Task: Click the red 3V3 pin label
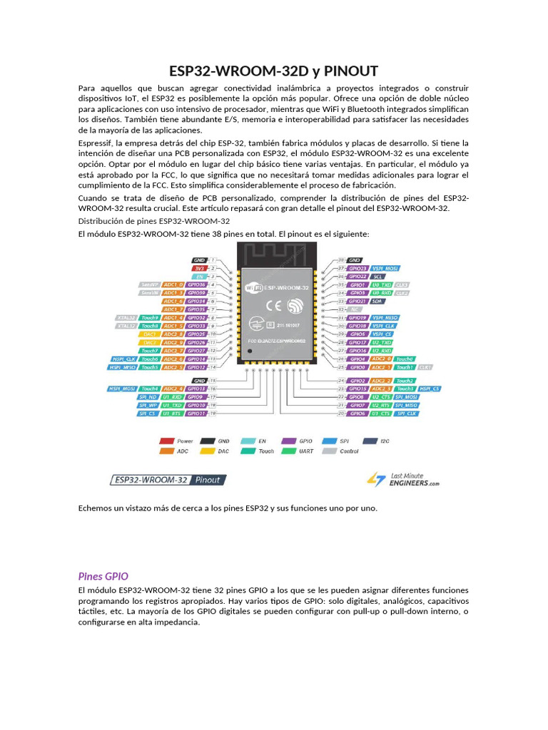[200, 268]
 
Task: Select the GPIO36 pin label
[197, 284]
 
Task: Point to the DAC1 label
[149, 334]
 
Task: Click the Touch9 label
[149, 317]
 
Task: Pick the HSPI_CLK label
[123, 359]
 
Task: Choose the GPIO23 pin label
[357, 268]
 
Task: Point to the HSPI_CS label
[430, 389]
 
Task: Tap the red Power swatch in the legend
[166, 441]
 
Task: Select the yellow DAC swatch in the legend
[208, 451]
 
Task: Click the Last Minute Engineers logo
[403, 479]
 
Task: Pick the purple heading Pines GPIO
[103, 576]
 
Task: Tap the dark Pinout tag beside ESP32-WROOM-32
[208, 480]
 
